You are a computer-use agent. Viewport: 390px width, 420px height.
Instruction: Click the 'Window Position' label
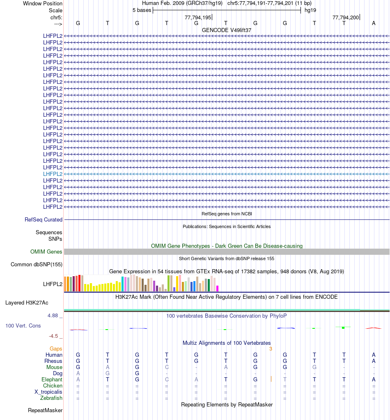(43, 4)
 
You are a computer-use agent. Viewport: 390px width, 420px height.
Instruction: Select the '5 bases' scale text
(142, 10)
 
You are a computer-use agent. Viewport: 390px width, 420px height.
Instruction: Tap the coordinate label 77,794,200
(346, 18)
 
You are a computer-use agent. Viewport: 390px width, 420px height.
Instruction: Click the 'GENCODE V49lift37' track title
(227, 30)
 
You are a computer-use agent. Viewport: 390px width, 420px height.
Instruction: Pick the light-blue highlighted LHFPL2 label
(53, 174)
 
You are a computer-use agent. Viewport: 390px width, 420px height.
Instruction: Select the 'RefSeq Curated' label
(44, 220)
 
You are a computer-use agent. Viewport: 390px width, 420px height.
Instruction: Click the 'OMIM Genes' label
(46, 252)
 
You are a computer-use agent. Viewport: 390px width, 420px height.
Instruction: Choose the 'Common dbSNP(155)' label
(37, 265)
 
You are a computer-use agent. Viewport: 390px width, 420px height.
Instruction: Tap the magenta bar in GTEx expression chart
(218, 288)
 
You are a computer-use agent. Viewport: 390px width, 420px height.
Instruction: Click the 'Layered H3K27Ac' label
(27, 303)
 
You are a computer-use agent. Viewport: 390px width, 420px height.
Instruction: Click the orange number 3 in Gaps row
(271, 349)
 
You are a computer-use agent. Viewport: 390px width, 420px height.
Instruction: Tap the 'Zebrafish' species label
(51, 398)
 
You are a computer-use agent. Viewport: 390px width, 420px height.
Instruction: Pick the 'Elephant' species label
(52, 380)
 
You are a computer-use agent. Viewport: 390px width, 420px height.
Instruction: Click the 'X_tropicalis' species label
(48, 392)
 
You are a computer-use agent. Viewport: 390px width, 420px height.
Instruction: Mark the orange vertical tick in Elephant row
(271, 379)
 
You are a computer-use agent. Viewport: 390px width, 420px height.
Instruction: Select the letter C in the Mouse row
(167, 367)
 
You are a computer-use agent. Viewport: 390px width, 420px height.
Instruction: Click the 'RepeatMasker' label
(45, 411)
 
